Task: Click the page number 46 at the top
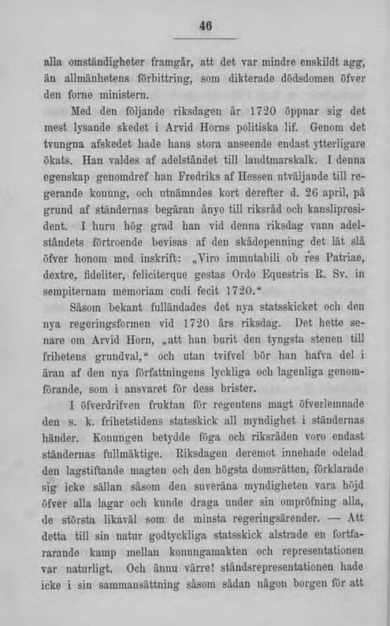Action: (x=206, y=26)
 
